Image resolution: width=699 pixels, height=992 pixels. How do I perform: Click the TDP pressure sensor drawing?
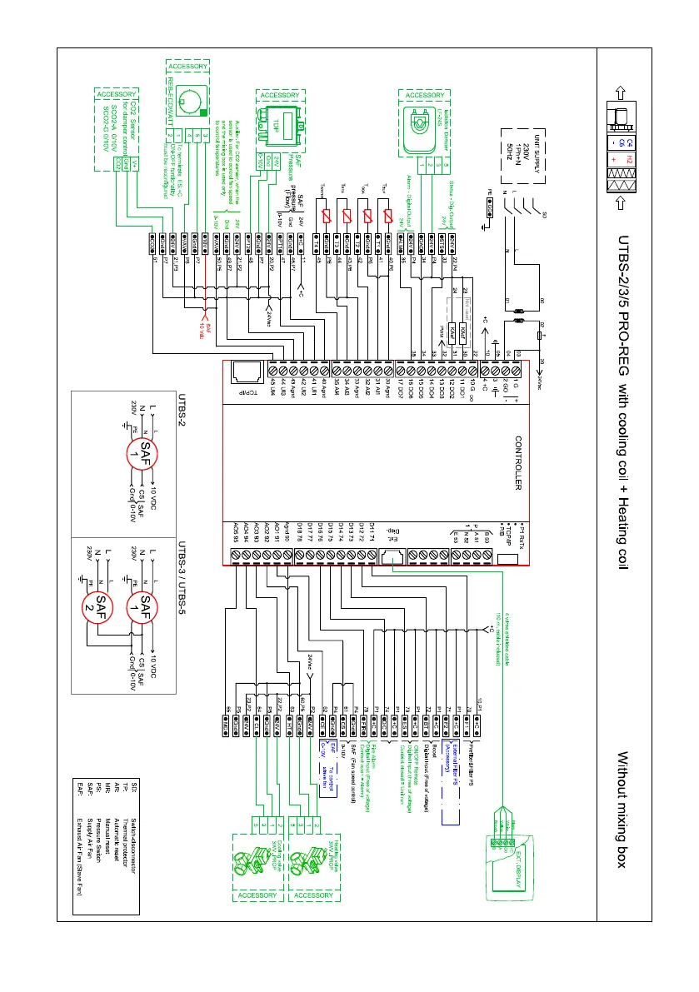pyautogui.click(x=280, y=125)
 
